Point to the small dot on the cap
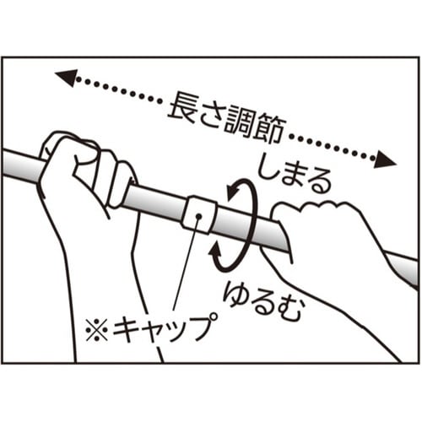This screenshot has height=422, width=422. [199, 217]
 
